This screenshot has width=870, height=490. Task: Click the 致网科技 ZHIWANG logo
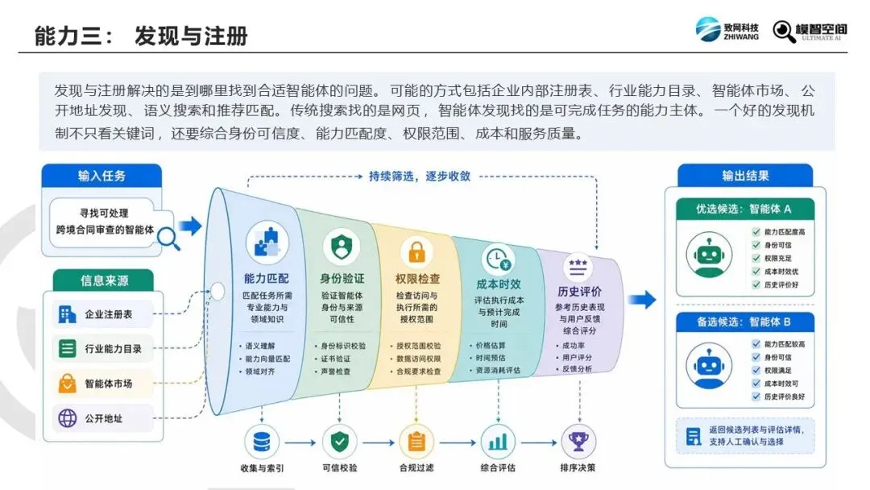[727, 30]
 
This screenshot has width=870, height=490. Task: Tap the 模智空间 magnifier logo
[810, 31]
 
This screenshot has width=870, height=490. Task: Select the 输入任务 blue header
[101, 176]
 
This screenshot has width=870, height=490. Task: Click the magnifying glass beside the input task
[168, 239]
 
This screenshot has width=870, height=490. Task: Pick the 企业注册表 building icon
[67, 314]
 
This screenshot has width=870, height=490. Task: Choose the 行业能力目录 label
[114, 349]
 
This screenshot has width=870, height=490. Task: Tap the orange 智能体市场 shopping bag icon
[67, 384]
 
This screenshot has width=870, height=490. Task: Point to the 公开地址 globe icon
[67, 417]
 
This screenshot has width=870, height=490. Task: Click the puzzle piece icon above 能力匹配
[267, 243]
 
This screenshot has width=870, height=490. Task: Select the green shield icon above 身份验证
[342, 247]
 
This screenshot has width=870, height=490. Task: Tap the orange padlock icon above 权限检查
[416, 251]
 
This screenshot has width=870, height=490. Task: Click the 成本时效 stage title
[499, 284]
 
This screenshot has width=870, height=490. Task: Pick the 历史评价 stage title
[579, 292]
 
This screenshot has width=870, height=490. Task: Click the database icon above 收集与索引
[261, 442]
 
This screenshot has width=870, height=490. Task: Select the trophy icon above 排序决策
[578, 442]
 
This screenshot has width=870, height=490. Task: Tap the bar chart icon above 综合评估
[498, 442]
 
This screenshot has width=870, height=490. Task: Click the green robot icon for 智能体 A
[709, 255]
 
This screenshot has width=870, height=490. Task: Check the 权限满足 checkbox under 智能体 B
[756, 370]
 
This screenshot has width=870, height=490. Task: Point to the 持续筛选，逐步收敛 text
[420, 176]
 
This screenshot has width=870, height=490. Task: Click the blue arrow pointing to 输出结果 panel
[642, 301]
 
